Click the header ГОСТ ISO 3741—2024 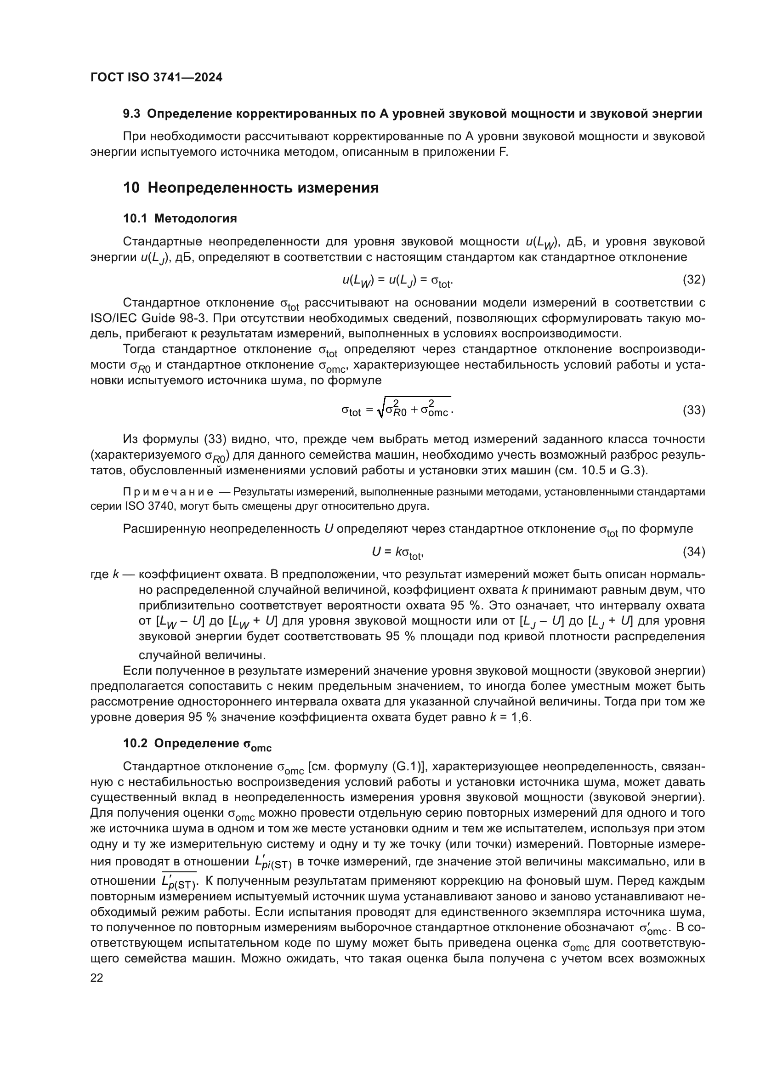tap(156, 78)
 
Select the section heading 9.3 tap(412, 114)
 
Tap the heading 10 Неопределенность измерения tap(251, 188)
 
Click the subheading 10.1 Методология tap(180, 219)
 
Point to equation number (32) tap(693, 280)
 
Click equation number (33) tap(693, 410)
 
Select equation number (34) tap(693, 552)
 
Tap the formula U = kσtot tap(398, 552)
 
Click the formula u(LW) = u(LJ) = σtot tap(397, 281)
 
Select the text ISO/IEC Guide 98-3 tap(148, 319)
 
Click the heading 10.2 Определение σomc tap(197, 744)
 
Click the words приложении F tap(460, 152)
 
